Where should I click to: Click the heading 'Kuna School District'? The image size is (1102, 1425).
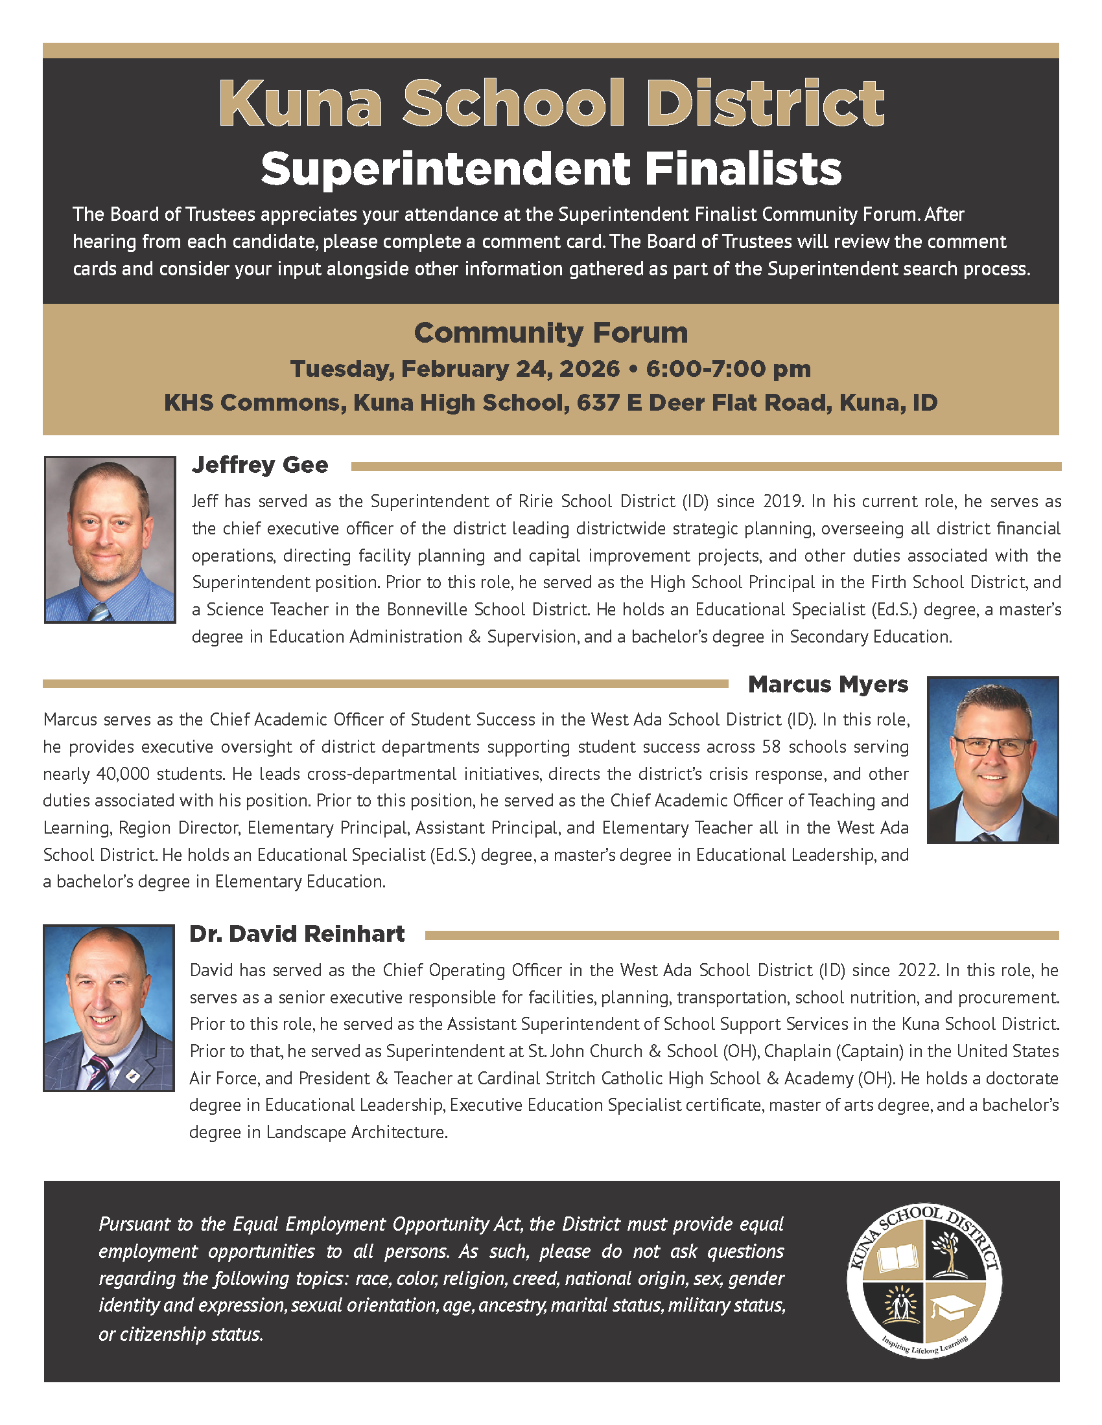[550, 104]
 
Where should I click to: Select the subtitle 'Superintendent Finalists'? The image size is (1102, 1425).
[550, 168]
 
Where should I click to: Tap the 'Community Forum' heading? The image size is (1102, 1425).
[550, 333]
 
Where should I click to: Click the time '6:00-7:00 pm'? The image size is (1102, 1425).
[728, 369]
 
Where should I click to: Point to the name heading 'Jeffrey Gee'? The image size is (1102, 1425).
[260, 465]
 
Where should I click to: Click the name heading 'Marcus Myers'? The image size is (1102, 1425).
[828, 685]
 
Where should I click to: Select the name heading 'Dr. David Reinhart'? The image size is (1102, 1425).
[297, 933]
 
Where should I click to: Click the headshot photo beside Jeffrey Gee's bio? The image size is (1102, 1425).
[110, 539]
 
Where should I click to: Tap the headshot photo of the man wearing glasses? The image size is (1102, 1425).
[992, 760]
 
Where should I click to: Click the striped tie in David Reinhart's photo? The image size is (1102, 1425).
[100, 1071]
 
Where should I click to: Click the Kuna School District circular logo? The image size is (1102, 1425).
[924, 1281]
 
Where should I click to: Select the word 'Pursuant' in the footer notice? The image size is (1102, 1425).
[134, 1224]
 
